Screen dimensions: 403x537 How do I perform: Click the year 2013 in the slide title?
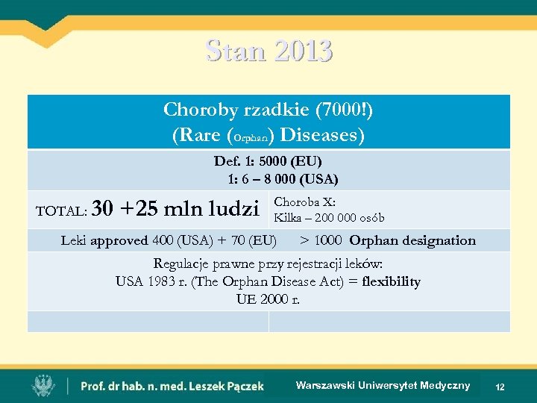[304, 51]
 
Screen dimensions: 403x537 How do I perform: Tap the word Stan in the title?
[235, 51]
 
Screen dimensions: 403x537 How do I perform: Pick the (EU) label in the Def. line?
[307, 161]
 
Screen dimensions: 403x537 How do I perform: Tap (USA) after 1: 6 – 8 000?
[321, 179]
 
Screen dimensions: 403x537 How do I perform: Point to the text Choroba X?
[304, 201]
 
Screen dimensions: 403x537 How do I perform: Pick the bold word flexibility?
[391, 281]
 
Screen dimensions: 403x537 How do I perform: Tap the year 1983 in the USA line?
[160, 281]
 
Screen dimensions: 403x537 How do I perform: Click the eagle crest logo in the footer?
[42, 385]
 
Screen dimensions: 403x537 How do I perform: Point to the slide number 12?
[500, 387]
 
